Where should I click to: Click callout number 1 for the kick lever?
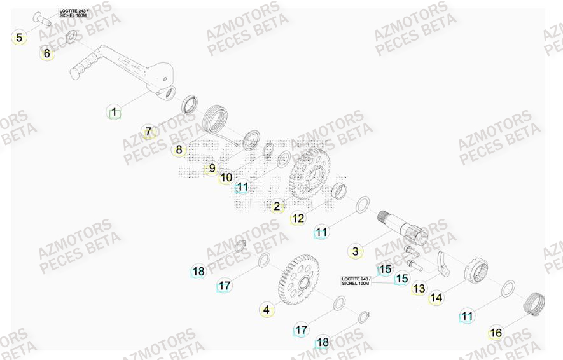pos(114,113)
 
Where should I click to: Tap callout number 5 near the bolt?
pos(19,38)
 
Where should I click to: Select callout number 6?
pos(46,54)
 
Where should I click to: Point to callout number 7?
pos(148,132)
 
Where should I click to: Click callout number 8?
pos(179,150)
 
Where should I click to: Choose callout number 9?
pos(212,169)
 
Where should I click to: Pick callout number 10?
pos(226,178)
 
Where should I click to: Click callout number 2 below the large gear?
pos(277,206)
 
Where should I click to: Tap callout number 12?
pos(298,219)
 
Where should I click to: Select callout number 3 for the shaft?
pos(356,251)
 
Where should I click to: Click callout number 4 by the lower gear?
pos(267,310)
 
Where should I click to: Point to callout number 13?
pos(419,289)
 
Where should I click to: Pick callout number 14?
pos(436,298)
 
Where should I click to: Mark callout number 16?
pos(496,333)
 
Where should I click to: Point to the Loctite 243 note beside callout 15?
pos(356,280)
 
